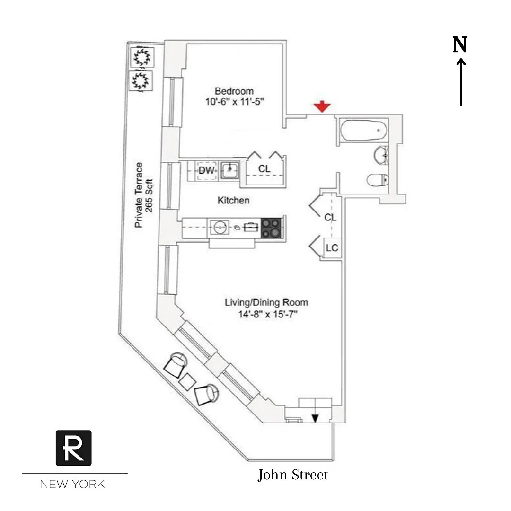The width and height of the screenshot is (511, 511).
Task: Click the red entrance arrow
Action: click(322, 106)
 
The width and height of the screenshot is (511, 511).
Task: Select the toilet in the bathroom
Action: click(378, 180)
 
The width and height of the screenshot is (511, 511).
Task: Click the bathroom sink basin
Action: click(381, 156)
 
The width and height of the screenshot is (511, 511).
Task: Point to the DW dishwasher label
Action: click(207, 170)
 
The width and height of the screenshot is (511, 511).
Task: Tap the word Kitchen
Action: click(233, 200)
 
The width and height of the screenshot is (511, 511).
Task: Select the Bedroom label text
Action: click(234, 91)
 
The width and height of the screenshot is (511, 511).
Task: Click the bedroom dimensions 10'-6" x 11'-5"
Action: click(234, 102)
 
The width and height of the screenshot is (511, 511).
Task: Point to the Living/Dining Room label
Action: click(266, 302)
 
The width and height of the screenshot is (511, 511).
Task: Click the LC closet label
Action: click(332, 248)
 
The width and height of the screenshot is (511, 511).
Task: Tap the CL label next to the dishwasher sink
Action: click(264, 168)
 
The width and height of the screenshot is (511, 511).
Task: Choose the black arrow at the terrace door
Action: click(315, 418)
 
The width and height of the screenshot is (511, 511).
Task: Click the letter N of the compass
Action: click(460, 44)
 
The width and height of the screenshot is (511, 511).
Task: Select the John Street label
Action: click(293, 475)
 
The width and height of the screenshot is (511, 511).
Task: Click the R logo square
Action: click(74, 448)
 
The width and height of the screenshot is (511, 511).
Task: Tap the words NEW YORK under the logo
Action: click(72, 484)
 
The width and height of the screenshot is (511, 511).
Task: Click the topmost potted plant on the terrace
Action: click(142, 57)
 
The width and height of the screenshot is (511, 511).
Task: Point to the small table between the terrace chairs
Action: click(188, 382)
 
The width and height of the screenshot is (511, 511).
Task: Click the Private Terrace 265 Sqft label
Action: click(144, 195)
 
